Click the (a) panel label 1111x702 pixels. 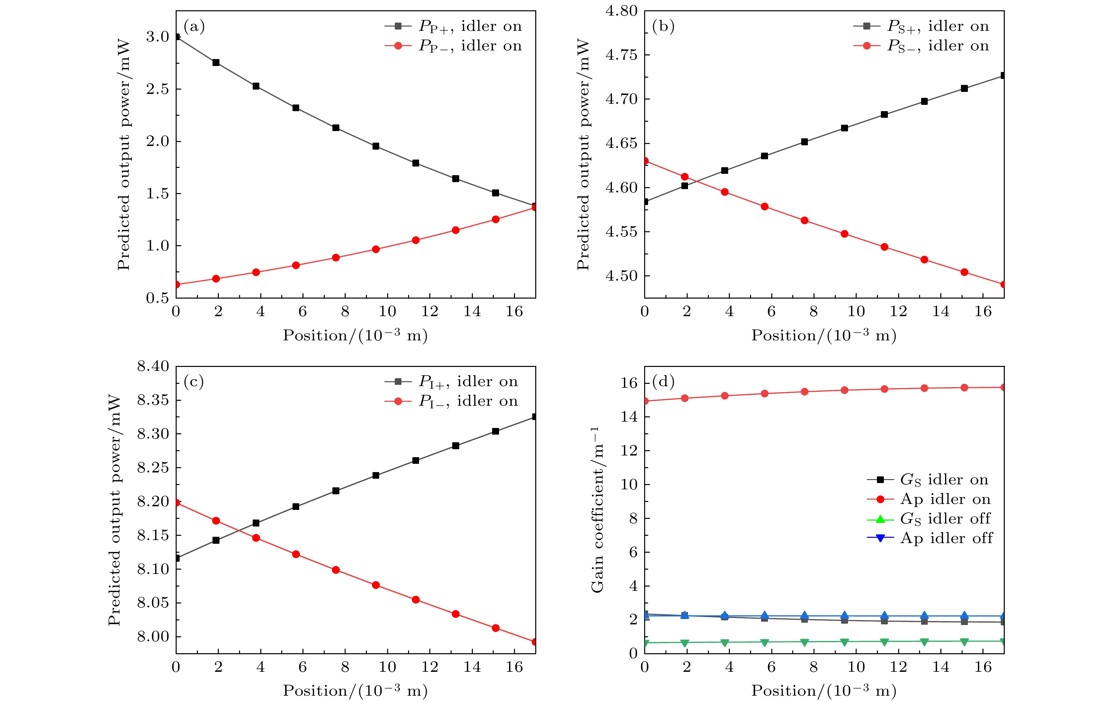click(194, 27)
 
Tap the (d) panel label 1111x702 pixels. click(663, 382)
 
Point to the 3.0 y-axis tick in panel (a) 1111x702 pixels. click(158, 37)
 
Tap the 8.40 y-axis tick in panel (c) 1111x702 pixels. click(153, 367)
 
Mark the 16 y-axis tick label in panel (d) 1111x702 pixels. click(629, 383)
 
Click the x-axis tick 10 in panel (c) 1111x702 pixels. click(387, 667)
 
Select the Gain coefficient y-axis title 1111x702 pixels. click(597, 509)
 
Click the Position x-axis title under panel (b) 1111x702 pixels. click(823, 335)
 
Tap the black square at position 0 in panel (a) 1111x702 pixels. click(176, 37)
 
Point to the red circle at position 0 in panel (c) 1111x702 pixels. click(176, 502)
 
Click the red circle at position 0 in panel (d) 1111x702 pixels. click(645, 401)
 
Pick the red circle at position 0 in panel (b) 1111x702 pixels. click(645, 161)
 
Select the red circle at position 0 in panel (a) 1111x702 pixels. click(176, 284)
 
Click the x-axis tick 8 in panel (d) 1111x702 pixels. click(813, 667)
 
